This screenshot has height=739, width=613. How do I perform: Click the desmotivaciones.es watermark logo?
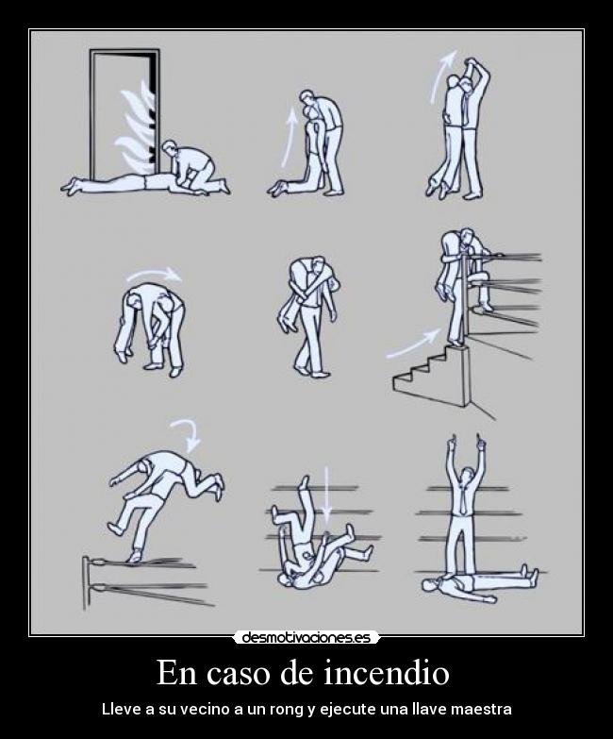pyautogui.click(x=306, y=638)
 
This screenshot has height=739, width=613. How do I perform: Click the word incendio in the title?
pyautogui.click(x=387, y=672)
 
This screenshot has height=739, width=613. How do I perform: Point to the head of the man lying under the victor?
pyautogui.click(x=428, y=585)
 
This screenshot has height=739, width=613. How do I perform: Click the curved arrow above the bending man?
pyautogui.click(x=154, y=274)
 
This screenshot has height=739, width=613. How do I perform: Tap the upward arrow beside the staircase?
pyautogui.click(x=413, y=342)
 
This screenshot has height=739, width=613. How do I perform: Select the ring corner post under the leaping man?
pyautogui.click(x=86, y=582)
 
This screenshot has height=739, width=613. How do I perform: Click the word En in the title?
pyautogui.click(x=175, y=672)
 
